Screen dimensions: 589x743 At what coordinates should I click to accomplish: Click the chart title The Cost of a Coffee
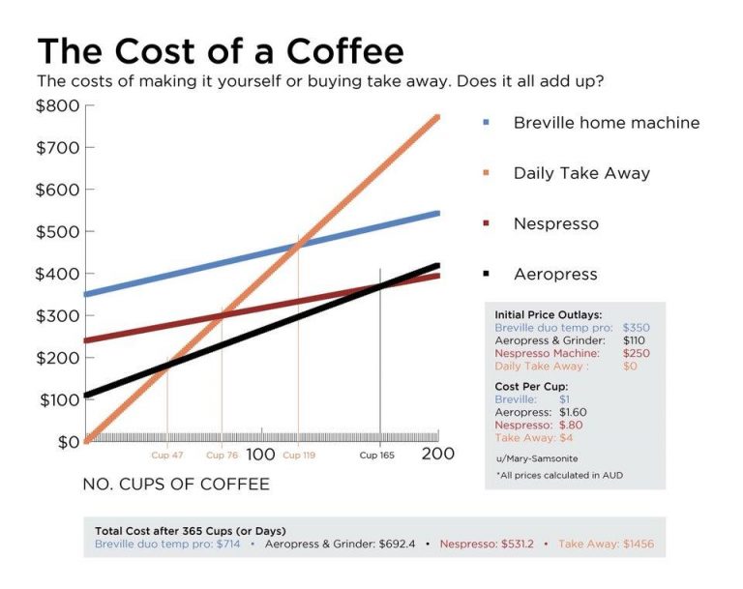(221, 50)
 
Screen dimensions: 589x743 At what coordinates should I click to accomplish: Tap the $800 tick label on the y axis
(58, 105)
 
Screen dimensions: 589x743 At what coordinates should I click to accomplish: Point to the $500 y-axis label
(58, 232)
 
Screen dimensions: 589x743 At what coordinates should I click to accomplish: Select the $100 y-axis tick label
(58, 400)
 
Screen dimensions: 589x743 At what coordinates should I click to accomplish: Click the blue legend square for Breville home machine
(486, 123)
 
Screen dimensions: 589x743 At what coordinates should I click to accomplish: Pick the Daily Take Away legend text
(581, 173)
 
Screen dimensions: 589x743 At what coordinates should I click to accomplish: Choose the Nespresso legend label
(556, 223)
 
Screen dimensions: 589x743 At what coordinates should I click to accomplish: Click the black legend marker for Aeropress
(486, 274)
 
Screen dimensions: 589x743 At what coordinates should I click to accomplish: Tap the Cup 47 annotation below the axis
(167, 455)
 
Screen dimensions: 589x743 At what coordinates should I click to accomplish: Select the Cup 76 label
(223, 455)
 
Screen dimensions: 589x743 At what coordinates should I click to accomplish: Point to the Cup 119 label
(299, 455)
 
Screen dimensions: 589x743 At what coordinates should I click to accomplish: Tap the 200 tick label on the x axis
(438, 454)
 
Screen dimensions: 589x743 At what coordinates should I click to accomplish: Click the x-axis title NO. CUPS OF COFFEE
(176, 483)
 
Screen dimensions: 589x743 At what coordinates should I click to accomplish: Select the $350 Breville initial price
(636, 328)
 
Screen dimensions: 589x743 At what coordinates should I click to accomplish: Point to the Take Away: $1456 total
(606, 545)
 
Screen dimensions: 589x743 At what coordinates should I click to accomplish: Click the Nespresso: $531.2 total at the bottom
(488, 545)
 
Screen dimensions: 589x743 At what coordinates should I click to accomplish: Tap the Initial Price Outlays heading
(548, 315)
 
